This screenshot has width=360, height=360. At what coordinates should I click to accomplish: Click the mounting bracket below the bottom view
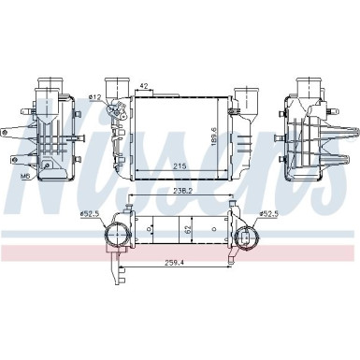click(118, 271)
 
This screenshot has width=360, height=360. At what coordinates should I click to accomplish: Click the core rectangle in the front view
click(178, 136)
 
